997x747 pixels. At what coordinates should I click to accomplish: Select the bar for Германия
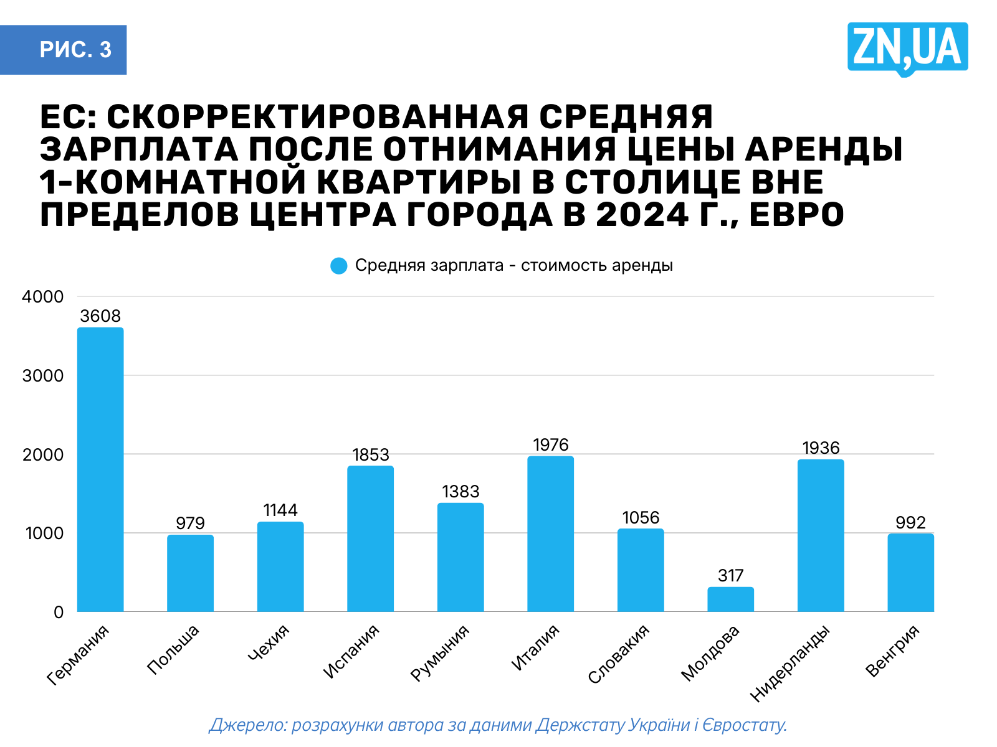pos(100,469)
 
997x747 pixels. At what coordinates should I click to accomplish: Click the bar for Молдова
pos(730,599)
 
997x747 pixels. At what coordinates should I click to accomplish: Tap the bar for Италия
pos(550,533)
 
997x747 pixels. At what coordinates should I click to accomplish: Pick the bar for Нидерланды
pos(821,535)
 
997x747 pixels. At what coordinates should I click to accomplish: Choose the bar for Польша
pos(190,573)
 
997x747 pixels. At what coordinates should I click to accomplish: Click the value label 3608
pos(100,316)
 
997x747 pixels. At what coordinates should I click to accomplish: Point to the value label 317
pos(730,575)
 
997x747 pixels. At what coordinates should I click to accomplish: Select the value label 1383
pos(460,492)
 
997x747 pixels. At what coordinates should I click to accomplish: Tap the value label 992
pos(910,522)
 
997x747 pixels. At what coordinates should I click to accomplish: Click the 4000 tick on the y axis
pos(43,297)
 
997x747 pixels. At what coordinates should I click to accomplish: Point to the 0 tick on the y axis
pos(59,612)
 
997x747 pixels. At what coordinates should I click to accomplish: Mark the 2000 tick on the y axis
pos(43,454)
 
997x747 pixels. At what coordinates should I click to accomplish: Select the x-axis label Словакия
pos(619,654)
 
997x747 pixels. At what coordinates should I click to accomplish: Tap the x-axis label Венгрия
pos(893,651)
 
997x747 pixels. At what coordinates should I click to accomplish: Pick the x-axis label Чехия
pos(269,642)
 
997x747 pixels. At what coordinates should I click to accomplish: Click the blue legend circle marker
pos(338,266)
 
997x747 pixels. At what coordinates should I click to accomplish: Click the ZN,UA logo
pos(907,48)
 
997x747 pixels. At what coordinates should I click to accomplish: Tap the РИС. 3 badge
pos(75,50)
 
